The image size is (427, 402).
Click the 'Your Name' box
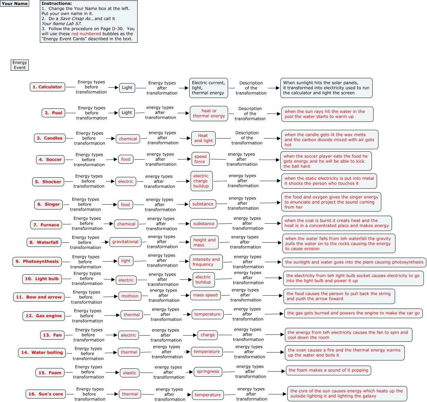[x=15, y=4]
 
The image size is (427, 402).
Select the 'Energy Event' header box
[x=20, y=65]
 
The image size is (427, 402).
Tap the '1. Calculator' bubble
[x=47, y=87]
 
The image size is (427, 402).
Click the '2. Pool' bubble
[x=53, y=113]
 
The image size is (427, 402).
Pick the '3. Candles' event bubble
[x=50, y=138]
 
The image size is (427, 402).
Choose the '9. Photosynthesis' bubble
[x=37, y=262]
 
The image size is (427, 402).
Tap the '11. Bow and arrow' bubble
[x=39, y=297]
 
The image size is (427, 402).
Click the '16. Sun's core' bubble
[x=46, y=394]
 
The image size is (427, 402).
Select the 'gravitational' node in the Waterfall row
[x=125, y=242]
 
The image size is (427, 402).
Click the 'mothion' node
[x=130, y=296]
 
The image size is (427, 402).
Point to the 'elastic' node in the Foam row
[x=130, y=373]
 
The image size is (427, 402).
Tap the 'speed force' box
[x=200, y=159]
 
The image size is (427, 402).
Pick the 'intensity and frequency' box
[x=206, y=262]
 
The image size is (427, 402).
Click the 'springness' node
[x=208, y=372]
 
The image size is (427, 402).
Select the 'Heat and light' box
[x=203, y=138]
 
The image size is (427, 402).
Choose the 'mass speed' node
[x=205, y=295]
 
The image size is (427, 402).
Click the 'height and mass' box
[x=204, y=242]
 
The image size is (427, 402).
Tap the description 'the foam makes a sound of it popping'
[x=328, y=370]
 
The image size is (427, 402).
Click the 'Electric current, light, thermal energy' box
[x=208, y=88]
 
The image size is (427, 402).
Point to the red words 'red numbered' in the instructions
[x=86, y=34]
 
